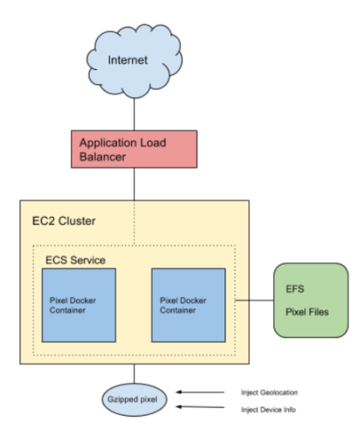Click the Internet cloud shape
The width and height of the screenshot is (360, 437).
135,61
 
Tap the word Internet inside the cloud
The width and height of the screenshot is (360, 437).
128,60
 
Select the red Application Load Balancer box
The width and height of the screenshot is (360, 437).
134,149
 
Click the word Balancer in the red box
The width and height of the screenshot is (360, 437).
102,156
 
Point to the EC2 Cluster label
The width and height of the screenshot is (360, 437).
64,221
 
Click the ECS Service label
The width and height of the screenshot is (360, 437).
75,260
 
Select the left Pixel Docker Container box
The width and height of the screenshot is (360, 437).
79,305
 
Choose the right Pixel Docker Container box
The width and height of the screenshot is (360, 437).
189,305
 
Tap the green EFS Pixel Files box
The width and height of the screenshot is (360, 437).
311,301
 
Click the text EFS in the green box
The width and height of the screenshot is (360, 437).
294,289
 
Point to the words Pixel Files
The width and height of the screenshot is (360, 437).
307,312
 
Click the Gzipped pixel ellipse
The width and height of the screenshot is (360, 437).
135,399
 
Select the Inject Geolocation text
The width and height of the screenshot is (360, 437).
269,392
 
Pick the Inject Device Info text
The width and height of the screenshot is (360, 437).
268,410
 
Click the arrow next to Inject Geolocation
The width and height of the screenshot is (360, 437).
200,392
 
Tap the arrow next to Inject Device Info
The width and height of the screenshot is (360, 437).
200,406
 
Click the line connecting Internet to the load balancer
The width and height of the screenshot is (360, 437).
134,114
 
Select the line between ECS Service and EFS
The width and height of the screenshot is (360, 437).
254,300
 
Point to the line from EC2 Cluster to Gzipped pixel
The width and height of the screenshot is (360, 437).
134,374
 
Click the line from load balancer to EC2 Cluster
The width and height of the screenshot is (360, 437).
134,184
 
